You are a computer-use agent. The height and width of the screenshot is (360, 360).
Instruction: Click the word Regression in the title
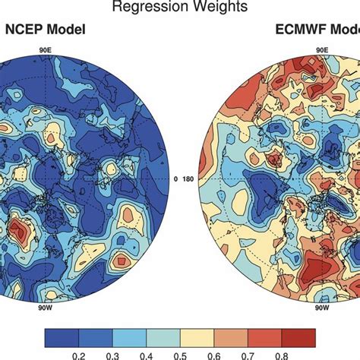tap(145, 8)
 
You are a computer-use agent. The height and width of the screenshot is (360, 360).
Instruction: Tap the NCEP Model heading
tap(45, 31)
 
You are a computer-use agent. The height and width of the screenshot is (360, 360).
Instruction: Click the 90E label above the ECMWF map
tap(322, 50)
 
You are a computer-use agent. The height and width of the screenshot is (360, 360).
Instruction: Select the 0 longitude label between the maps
tap(175, 180)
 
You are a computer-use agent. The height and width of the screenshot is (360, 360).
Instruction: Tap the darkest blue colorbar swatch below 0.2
tap(62, 336)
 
